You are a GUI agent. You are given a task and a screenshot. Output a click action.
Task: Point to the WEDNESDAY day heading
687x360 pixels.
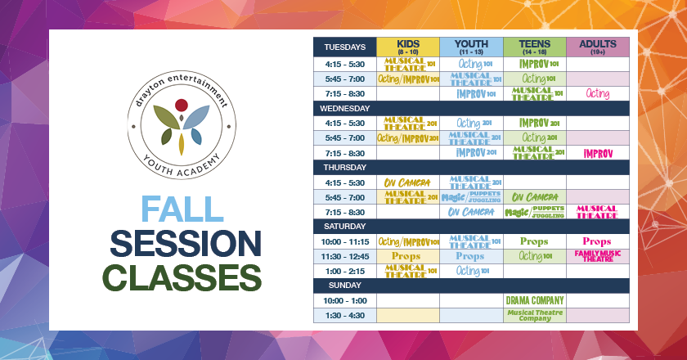[346, 108]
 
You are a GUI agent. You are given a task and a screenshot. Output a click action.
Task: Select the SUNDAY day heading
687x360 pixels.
[339, 286]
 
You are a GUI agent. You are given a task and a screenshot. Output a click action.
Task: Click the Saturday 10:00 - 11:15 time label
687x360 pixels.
[344, 241]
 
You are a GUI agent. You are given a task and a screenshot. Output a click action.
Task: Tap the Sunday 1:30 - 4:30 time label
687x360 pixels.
[344, 315]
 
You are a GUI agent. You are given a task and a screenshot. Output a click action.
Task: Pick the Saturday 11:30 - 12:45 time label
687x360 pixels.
[344, 256]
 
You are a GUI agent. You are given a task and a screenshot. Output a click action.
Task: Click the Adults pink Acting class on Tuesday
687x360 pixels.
[597, 94]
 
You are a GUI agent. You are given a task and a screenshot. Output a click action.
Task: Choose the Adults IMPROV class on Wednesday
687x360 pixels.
[597, 153]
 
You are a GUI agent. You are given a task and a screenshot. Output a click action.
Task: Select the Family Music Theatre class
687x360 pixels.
[597, 256]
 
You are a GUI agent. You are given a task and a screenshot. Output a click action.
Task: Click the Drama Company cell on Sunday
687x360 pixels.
[535, 300]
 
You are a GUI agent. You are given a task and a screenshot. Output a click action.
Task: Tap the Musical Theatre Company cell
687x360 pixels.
[535, 315]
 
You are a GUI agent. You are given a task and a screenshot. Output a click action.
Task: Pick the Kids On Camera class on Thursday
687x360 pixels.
[407, 182]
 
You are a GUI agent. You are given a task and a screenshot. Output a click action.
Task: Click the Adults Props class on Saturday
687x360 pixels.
[597, 241]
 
